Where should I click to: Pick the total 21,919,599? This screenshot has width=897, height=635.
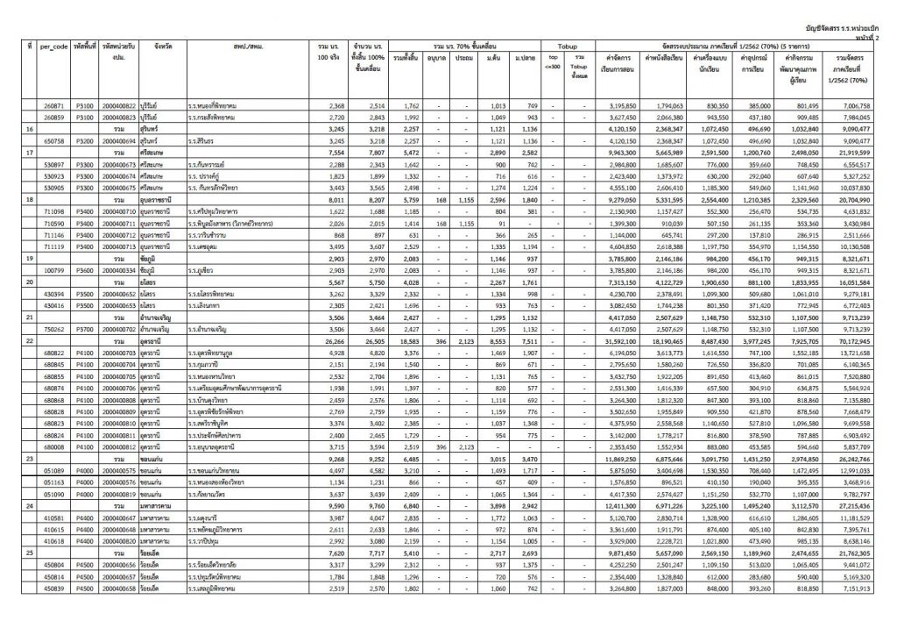click(x=859, y=152)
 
